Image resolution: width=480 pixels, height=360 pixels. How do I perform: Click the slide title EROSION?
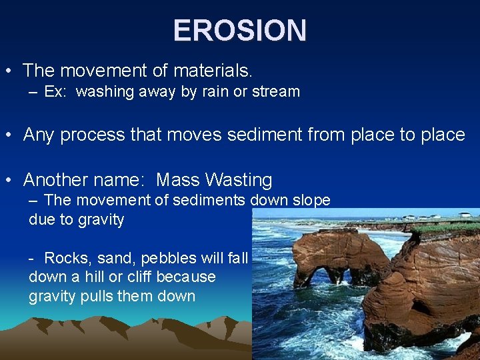point(240,30)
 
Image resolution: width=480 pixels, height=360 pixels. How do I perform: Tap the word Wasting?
point(239,180)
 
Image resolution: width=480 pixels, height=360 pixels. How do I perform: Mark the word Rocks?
point(63,258)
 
